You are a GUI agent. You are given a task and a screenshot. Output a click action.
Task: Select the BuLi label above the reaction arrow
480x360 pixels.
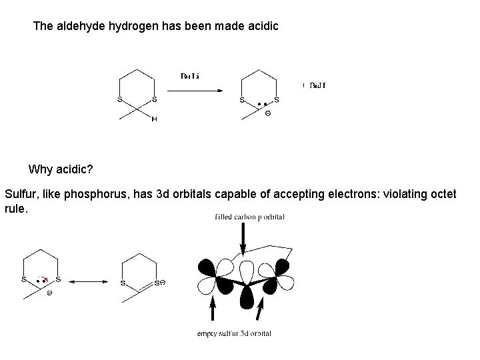tap(190, 76)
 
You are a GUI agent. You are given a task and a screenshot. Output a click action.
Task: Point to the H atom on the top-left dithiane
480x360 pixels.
tap(154, 119)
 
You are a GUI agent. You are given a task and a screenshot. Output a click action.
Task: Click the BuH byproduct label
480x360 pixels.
tap(315, 85)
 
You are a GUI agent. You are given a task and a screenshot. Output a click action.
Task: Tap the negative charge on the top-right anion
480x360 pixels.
tap(268, 113)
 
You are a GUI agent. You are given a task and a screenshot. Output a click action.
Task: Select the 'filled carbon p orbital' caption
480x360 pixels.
tap(250, 217)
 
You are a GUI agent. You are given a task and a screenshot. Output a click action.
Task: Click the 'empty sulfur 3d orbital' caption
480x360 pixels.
tap(234, 333)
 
